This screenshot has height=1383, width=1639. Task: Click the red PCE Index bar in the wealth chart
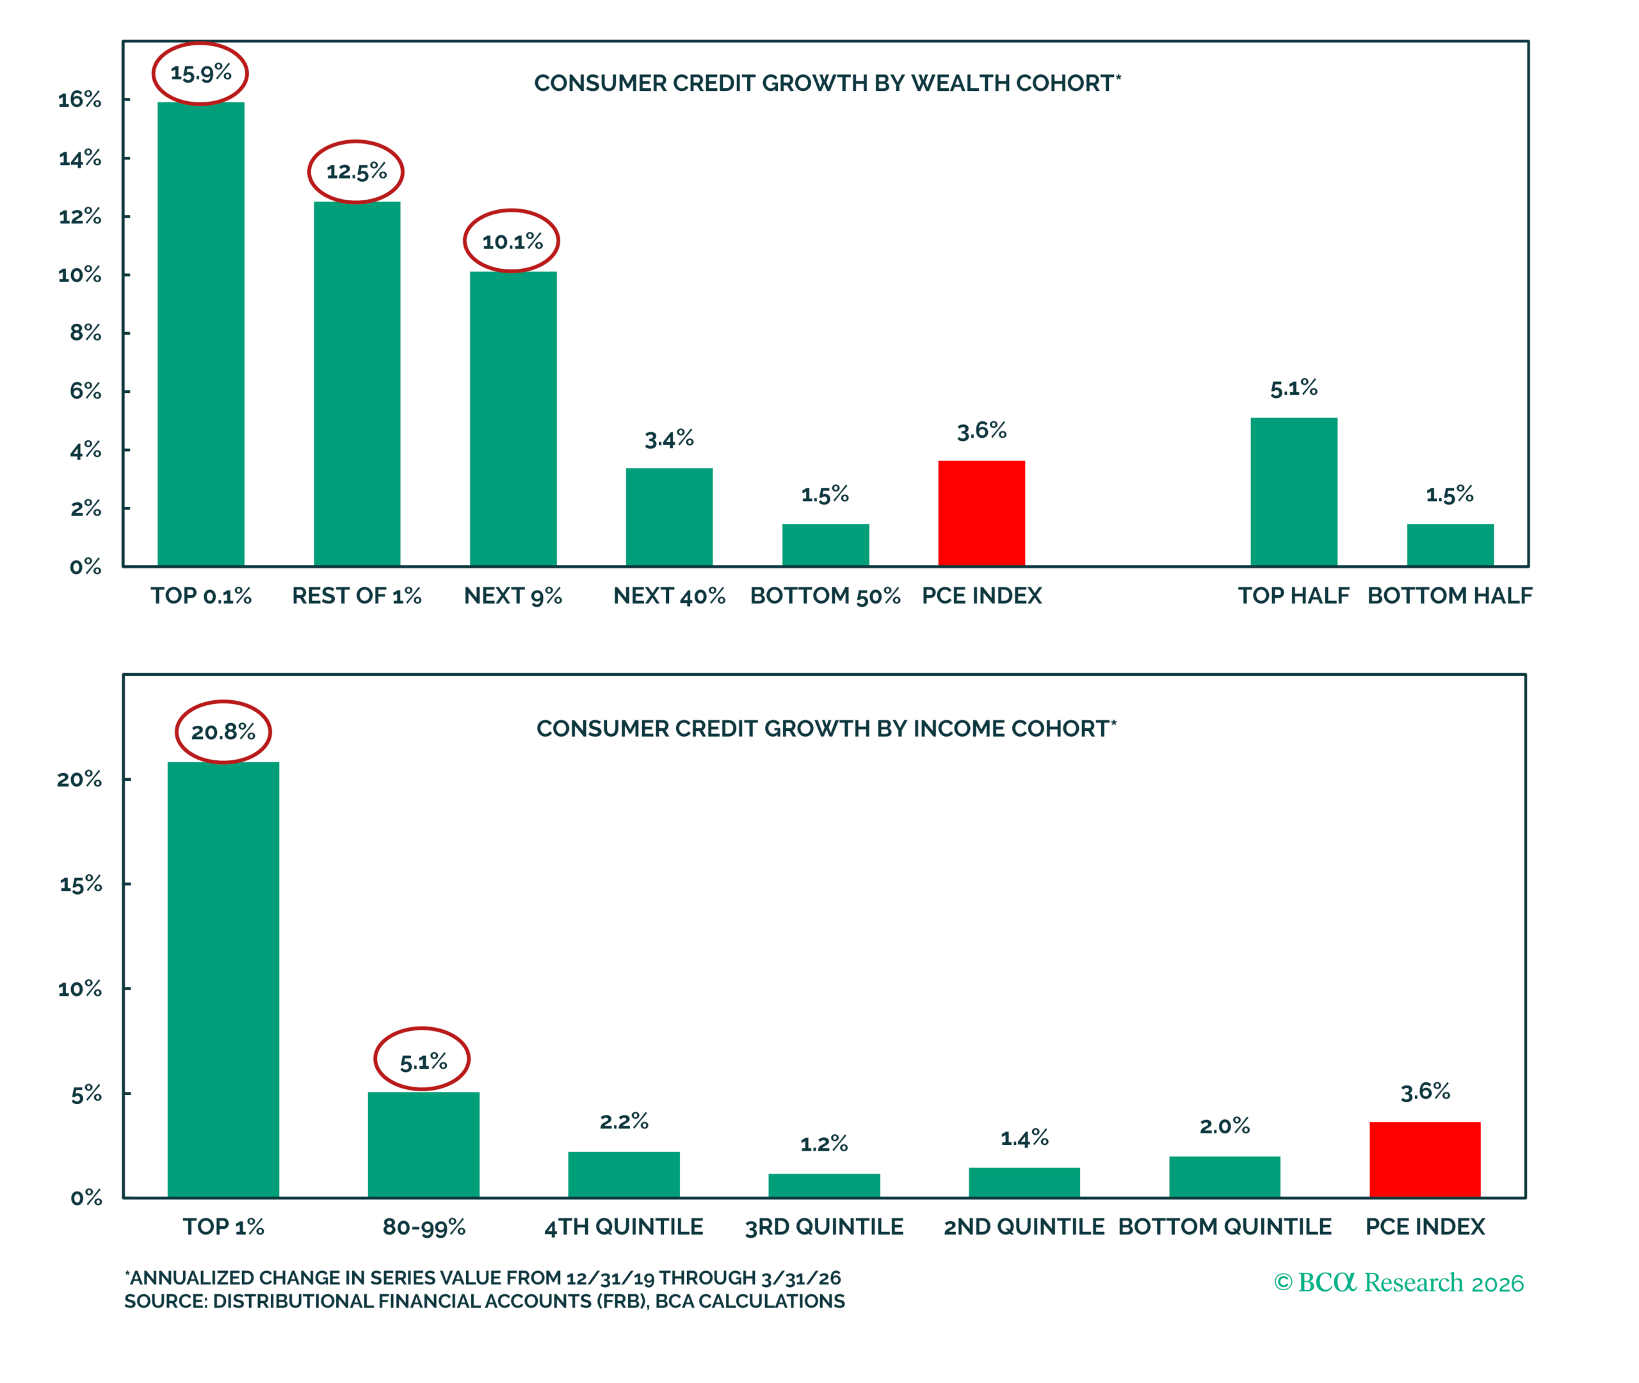click(x=981, y=513)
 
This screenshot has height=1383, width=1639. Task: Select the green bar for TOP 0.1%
click(x=201, y=334)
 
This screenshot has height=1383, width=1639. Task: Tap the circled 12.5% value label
click(x=356, y=172)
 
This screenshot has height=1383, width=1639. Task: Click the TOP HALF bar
click(x=1294, y=492)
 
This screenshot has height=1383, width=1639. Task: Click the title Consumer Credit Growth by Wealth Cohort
click(x=827, y=83)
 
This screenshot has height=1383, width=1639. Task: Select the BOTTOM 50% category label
click(x=825, y=596)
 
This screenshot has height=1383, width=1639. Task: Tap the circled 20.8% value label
click(x=223, y=732)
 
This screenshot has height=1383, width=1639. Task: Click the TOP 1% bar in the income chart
click(x=223, y=980)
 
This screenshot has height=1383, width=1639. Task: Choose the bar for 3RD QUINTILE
click(x=824, y=1185)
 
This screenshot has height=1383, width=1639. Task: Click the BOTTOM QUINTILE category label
click(x=1225, y=1226)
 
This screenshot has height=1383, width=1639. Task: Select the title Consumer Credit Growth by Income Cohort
click(x=827, y=728)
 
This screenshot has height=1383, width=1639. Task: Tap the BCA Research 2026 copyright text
click(x=1398, y=1283)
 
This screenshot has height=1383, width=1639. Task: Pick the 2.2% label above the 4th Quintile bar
click(x=624, y=1121)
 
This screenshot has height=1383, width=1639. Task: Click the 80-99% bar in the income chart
click(x=423, y=1145)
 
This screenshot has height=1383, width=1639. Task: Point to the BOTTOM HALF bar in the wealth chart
click(x=1450, y=545)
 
